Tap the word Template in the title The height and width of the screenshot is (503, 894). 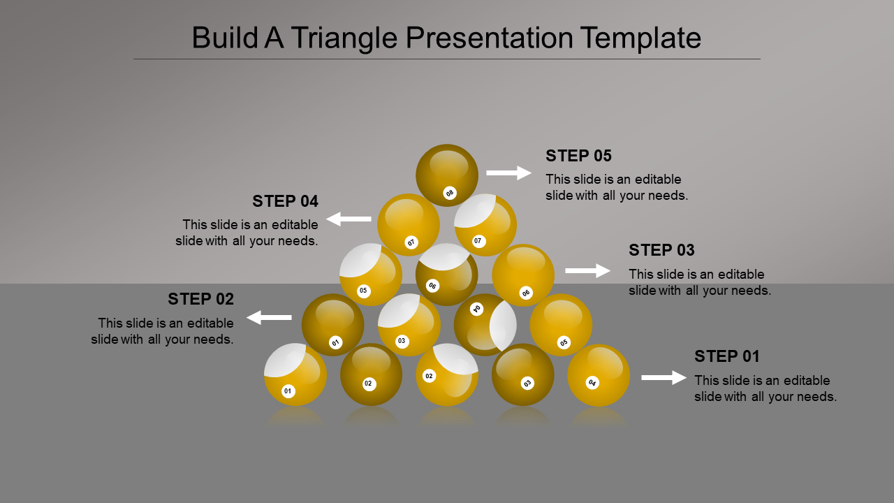pyautogui.click(x=640, y=38)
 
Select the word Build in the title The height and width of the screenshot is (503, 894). pyautogui.click(x=225, y=38)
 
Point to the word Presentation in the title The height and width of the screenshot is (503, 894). pyautogui.click(x=490, y=38)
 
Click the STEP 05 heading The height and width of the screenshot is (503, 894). pyautogui.click(x=578, y=156)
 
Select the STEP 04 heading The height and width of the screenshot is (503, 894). pyautogui.click(x=285, y=201)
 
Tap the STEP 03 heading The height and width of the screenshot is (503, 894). pyautogui.click(x=661, y=250)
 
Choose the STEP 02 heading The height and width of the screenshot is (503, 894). pyautogui.click(x=200, y=299)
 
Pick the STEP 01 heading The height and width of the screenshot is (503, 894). pyautogui.click(x=727, y=356)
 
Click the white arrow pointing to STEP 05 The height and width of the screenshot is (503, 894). pyautogui.click(x=509, y=173)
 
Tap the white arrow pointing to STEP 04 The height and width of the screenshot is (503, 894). pyautogui.click(x=349, y=219)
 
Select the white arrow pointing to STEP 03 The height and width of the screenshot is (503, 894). pyautogui.click(x=588, y=270)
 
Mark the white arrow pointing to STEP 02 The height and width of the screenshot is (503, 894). pyautogui.click(x=269, y=317)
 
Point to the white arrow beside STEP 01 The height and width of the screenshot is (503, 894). pyautogui.click(x=664, y=378)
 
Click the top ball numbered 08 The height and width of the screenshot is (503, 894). pyautogui.click(x=447, y=175)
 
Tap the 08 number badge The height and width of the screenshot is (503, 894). pyautogui.click(x=450, y=194)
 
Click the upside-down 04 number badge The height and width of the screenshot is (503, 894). pyautogui.click(x=476, y=309)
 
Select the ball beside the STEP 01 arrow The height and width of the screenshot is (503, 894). pyautogui.click(x=599, y=375)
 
